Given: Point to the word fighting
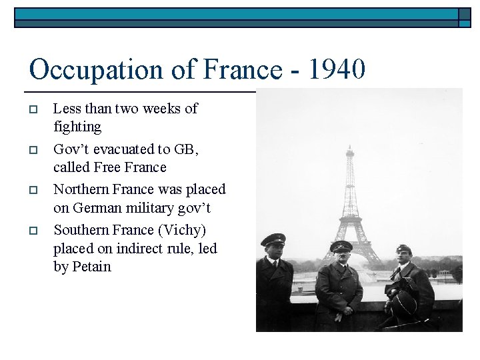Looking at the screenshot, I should click(x=77, y=127).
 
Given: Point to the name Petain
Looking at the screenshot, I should click(x=91, y=267).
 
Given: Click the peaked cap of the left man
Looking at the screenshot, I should click(x=273, y=239).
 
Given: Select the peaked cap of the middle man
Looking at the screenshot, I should click(x=341, y=247).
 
